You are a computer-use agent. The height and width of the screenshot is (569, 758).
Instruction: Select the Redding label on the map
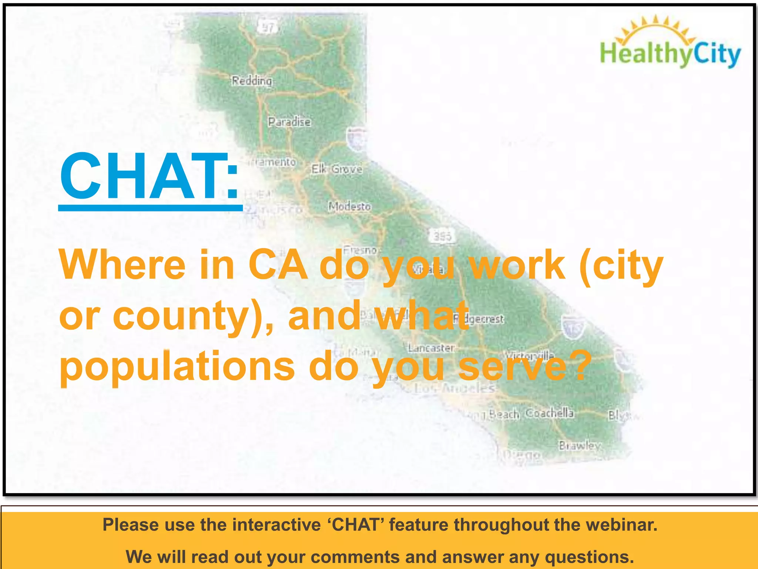(252, 80)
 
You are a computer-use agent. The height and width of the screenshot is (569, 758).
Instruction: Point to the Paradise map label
(289, 122)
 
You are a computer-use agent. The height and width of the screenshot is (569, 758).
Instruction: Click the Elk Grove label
(336, 169)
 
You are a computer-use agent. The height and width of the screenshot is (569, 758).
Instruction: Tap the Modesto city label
(349, 206)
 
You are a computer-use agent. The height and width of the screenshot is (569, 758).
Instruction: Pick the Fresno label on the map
(360, 250)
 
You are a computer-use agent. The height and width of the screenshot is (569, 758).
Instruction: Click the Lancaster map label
(431, 348)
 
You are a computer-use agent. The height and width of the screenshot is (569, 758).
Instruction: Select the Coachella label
(550, 413)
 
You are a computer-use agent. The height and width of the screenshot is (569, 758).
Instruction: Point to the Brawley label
(580, 445)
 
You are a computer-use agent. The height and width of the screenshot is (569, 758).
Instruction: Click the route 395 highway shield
(442, 236)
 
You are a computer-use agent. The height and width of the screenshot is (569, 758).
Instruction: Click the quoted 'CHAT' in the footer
(356, 525)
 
